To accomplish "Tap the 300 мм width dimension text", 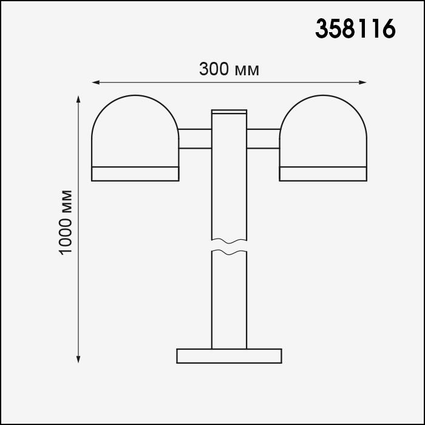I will [x=229, y=69].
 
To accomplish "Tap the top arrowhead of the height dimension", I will [x=78, y=98].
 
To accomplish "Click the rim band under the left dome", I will [x=135, y=174].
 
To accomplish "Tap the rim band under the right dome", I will [x=323, y=174].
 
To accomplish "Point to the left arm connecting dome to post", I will [x=194, y=138].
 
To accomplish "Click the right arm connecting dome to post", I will [x=263, y=138].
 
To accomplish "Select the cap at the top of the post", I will [x=229, y=112].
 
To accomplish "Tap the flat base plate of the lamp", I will [x=229, y=356].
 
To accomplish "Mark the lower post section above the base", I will [x=229, y=301].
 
